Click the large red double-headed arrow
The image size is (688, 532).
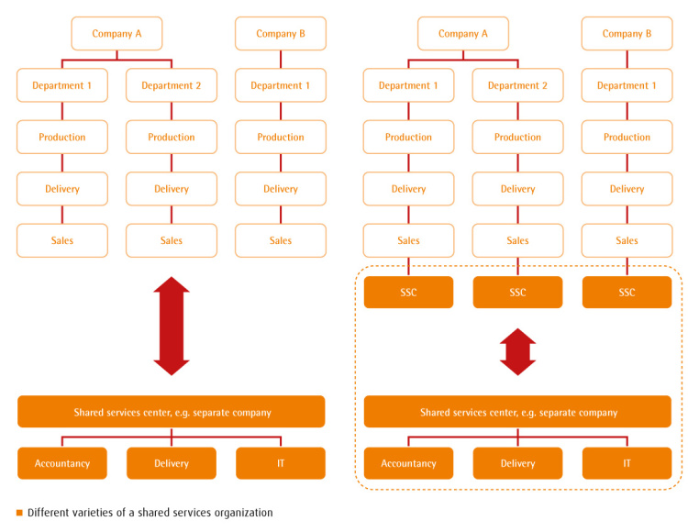(171, 326)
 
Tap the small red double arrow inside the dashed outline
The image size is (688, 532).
(517, 352)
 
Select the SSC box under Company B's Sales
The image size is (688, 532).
(627, 293)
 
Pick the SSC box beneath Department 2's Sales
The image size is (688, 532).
(517, 293)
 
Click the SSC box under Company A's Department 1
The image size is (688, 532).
(408, 293)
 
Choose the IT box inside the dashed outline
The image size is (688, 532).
(627, 463)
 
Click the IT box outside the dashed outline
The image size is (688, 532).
(280, 463)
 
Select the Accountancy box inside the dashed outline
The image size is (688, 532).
(408, 463)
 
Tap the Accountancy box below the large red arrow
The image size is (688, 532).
(62, 463)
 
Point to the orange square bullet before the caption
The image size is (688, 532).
(19, 513)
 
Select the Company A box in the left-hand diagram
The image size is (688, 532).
(117, 34)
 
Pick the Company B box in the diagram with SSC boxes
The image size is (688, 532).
(627, 34)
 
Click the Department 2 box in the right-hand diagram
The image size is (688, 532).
(517, 85)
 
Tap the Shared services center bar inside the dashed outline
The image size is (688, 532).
(517, 412)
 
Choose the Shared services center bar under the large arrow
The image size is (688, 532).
(171, 412)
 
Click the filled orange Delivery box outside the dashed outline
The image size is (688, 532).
(171, 463)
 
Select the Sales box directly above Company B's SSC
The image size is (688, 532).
(627, 240)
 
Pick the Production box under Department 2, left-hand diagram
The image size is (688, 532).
(171, 137)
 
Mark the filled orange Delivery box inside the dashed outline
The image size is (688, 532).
(517, 463)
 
